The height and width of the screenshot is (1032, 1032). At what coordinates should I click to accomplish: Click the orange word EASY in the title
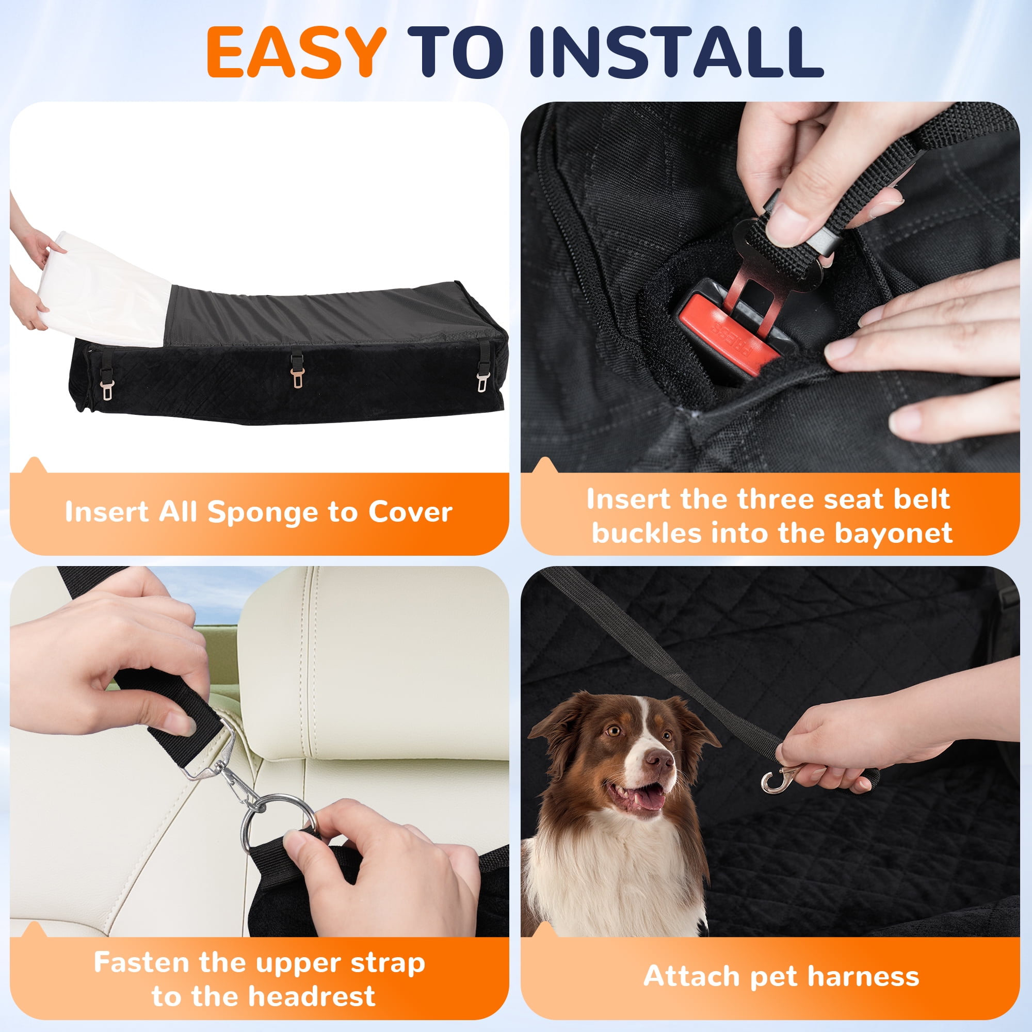[x=297, y=52]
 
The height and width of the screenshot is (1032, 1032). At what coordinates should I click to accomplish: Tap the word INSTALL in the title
[x=676, y=52]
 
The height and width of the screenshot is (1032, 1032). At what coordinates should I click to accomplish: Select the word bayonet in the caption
[x=893, y=533]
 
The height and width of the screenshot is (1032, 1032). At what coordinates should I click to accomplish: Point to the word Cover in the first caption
[x=410, y=511]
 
